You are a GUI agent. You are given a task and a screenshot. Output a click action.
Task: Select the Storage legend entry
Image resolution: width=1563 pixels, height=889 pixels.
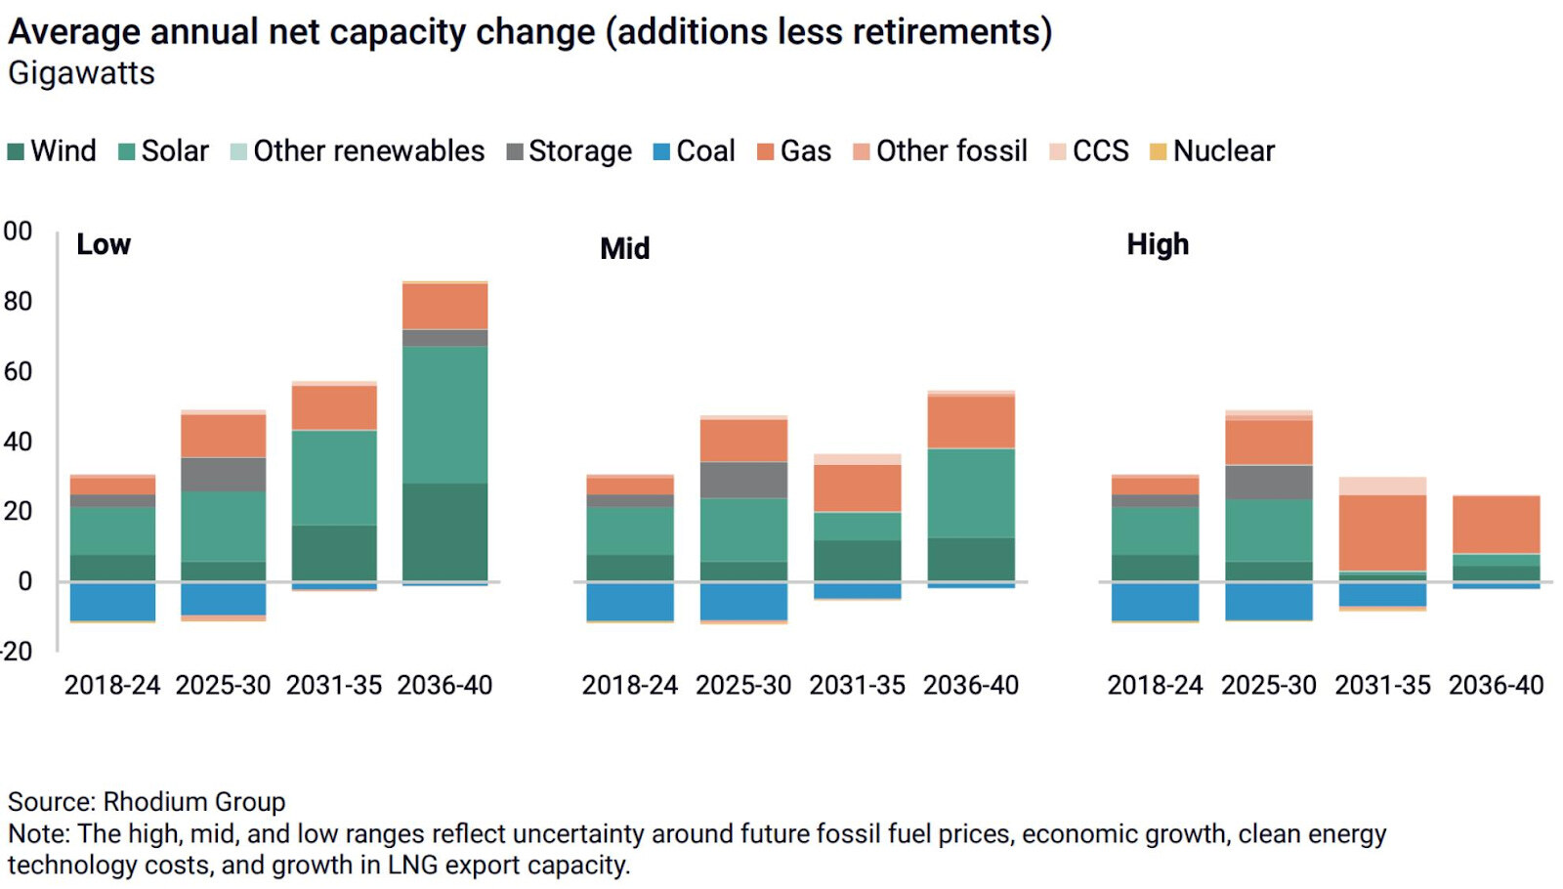tap(569, 151)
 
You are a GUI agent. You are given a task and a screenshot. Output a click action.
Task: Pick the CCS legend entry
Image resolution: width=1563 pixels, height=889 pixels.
tap(1089, 151)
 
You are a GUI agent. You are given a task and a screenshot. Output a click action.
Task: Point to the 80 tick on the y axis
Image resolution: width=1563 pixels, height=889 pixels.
tap(18, 302)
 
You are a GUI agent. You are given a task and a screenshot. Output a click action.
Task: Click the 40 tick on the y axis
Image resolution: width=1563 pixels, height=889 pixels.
tap(18, 442)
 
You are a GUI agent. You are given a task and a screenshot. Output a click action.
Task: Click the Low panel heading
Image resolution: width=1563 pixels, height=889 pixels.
tap(104, 244)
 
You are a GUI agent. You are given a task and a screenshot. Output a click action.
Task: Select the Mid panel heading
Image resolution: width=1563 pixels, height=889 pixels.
tap(624, 248)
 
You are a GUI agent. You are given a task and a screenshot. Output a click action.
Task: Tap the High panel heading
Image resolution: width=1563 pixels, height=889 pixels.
tap(1158, 244)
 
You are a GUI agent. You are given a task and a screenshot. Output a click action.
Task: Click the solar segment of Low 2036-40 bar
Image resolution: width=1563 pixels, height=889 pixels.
tap(444, 414)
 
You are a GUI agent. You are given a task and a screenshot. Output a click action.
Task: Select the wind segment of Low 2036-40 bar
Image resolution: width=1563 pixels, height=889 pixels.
tap(444, 531)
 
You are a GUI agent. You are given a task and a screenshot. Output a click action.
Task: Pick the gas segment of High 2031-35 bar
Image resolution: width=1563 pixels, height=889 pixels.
tap(1381, 532)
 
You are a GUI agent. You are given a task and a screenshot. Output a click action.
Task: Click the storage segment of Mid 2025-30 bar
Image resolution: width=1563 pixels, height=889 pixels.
tap(743, 480)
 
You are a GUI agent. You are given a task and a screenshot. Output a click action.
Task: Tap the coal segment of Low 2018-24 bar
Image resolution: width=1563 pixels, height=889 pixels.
tap(112, 601)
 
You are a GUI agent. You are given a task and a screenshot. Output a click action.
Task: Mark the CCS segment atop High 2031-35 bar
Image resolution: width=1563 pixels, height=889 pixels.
tap(1381, 486)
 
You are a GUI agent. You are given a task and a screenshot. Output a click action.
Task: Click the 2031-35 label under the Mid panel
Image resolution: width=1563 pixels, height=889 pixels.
tap(857, 686)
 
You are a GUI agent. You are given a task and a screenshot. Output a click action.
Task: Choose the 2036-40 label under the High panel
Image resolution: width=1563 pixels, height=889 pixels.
tap(1496, 686)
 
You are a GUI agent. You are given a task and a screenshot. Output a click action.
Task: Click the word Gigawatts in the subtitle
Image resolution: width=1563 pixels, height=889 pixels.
tap(81, 74)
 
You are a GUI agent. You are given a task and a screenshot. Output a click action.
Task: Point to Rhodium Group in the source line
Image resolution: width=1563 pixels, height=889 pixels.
tap(194, 802)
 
